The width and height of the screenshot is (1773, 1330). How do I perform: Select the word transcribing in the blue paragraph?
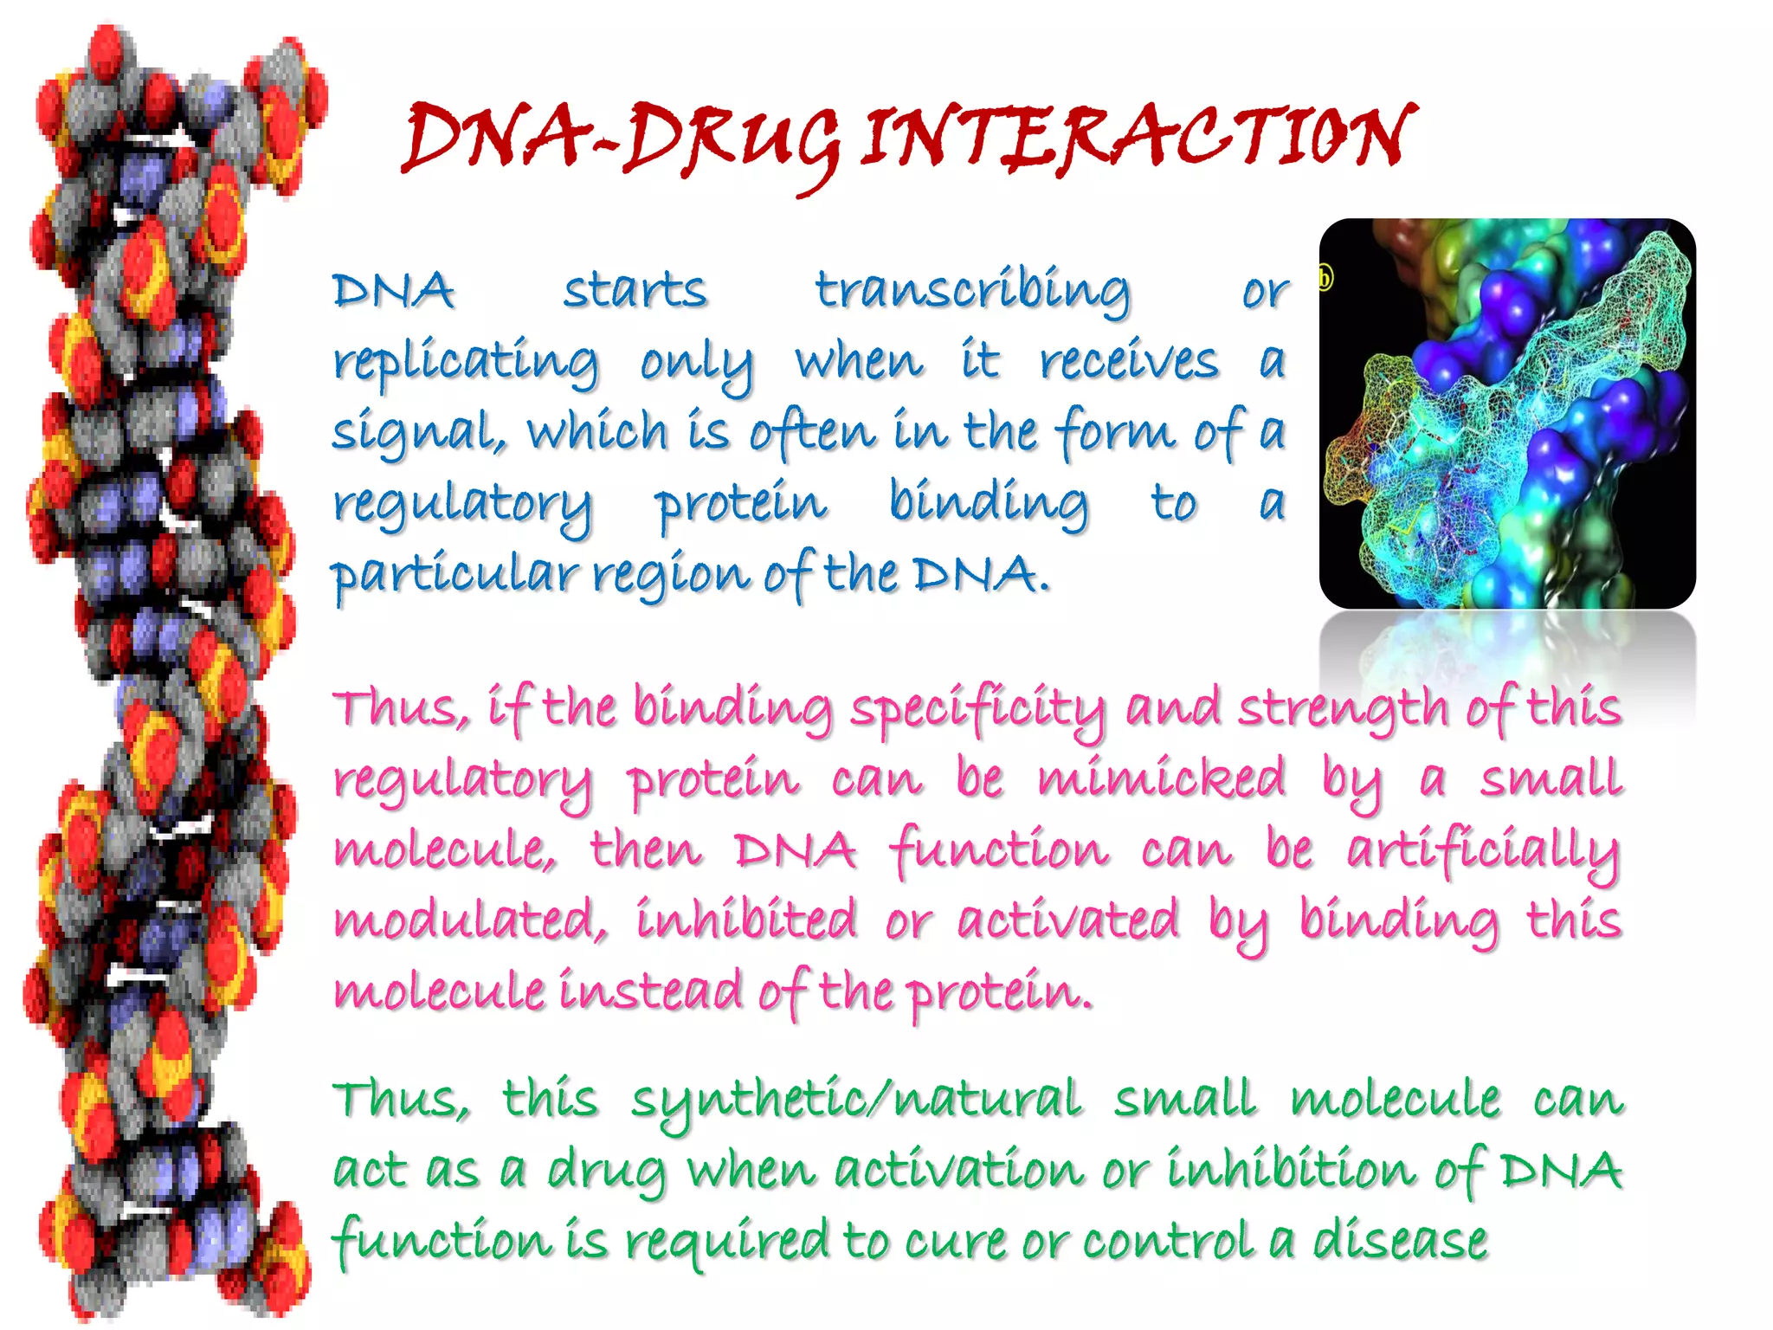pos(972,291)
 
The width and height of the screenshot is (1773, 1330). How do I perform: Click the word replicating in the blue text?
pos(466,362)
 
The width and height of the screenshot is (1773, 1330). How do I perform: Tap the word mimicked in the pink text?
pos(1161,778)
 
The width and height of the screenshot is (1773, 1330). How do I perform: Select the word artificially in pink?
pos(1483,850)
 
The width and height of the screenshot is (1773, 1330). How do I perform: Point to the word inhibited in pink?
pos(746,920)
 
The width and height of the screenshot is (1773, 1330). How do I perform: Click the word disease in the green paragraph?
pos(1400,1240)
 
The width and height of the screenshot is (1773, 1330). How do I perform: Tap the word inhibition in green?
pos(1290,1171)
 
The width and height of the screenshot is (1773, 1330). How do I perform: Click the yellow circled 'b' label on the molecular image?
pos(1325,279)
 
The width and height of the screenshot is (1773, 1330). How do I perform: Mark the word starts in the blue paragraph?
pos(635,291)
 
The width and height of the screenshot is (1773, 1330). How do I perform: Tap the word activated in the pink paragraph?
pos(1067,920)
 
